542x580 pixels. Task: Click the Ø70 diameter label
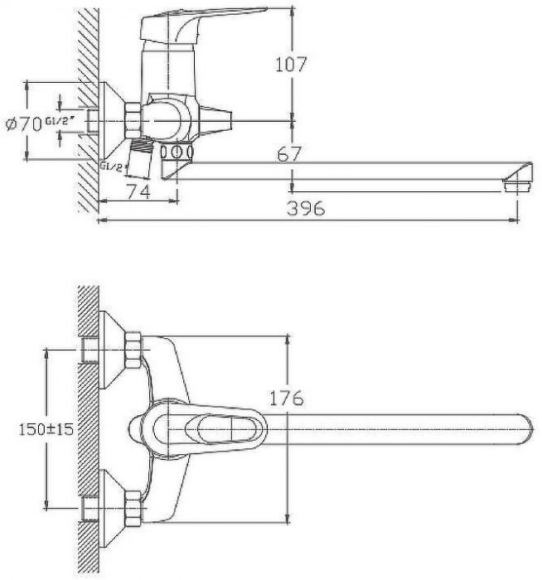point(23,124)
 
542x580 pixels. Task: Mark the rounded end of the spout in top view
point(522,427)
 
